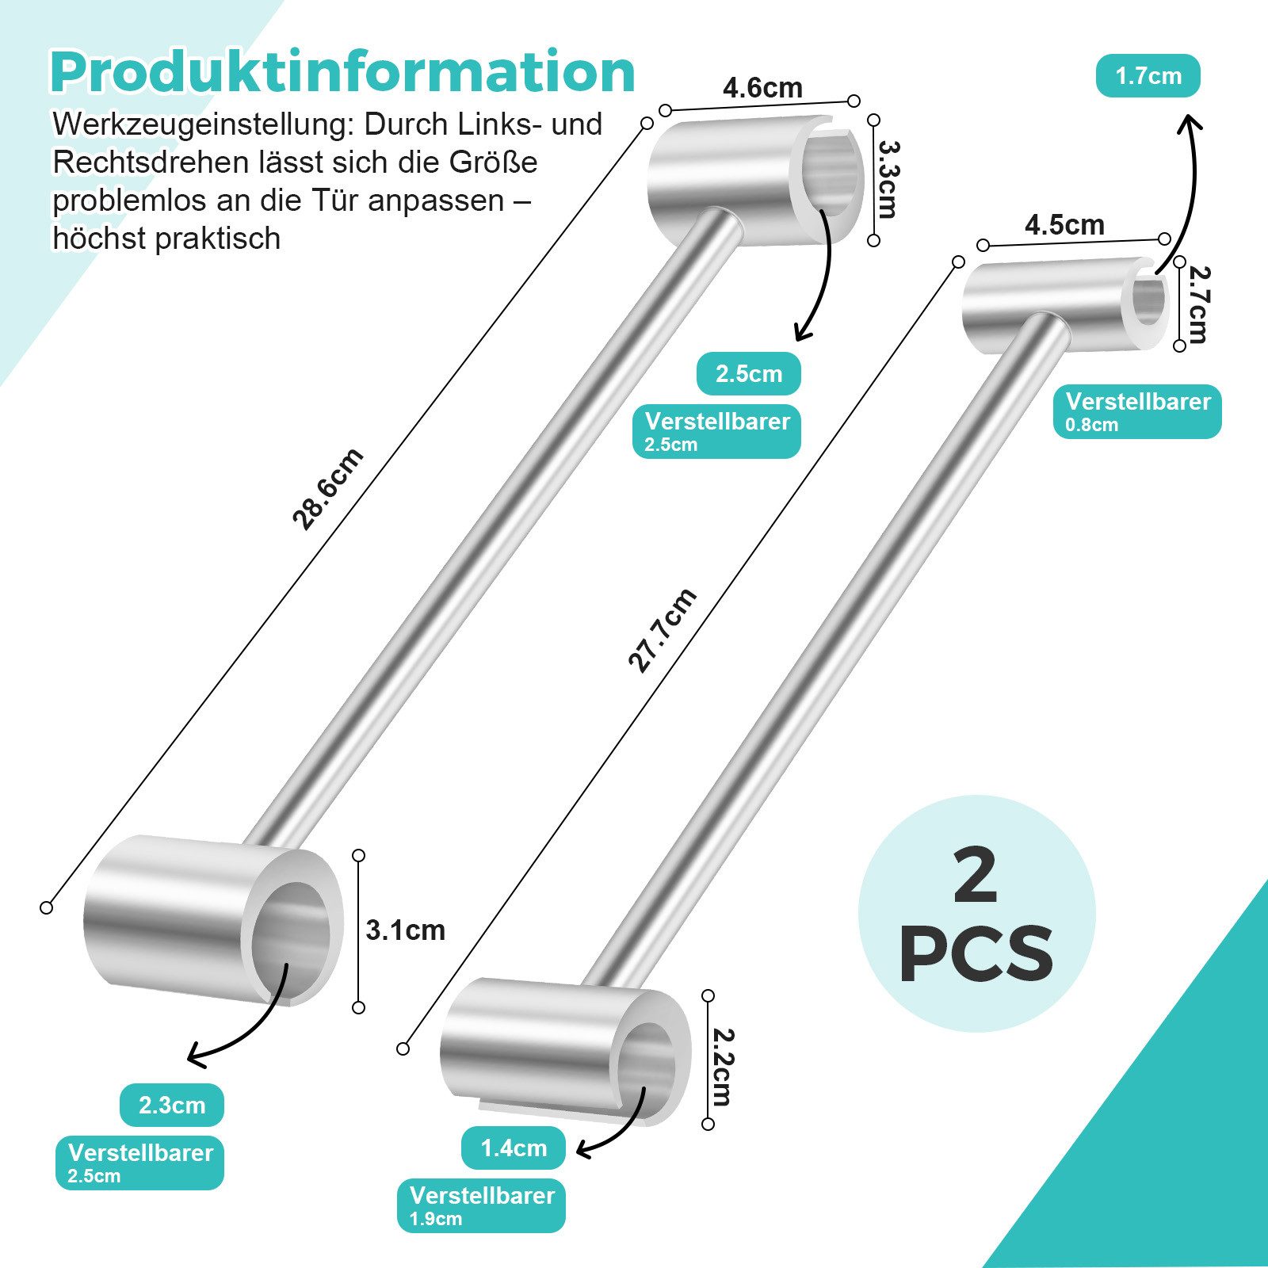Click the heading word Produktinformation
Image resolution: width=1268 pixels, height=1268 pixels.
coord(342,72)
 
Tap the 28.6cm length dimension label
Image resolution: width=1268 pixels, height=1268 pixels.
coord(327,488)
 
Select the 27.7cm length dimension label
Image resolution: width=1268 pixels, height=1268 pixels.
coord(662,631)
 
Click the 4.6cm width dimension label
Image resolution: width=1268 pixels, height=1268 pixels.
coord(762,87)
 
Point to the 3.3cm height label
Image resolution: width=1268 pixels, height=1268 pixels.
coord(888,180)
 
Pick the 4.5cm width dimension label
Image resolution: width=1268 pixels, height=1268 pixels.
coord(1064,225)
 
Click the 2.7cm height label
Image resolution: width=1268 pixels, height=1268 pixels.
coord(1197,305)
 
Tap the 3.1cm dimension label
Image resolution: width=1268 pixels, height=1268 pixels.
coord(406,930)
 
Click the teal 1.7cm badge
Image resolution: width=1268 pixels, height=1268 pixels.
coord(1148,76)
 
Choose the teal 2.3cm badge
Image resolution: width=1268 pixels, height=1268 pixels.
coord(172,1105)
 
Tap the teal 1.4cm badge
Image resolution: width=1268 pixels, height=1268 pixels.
coord(514,1148)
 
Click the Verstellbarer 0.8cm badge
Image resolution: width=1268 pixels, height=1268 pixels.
coord(1137,411)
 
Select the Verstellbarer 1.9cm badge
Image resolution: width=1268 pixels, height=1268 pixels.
coord(481,1205)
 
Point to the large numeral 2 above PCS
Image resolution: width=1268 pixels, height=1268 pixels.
coord(976,876)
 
